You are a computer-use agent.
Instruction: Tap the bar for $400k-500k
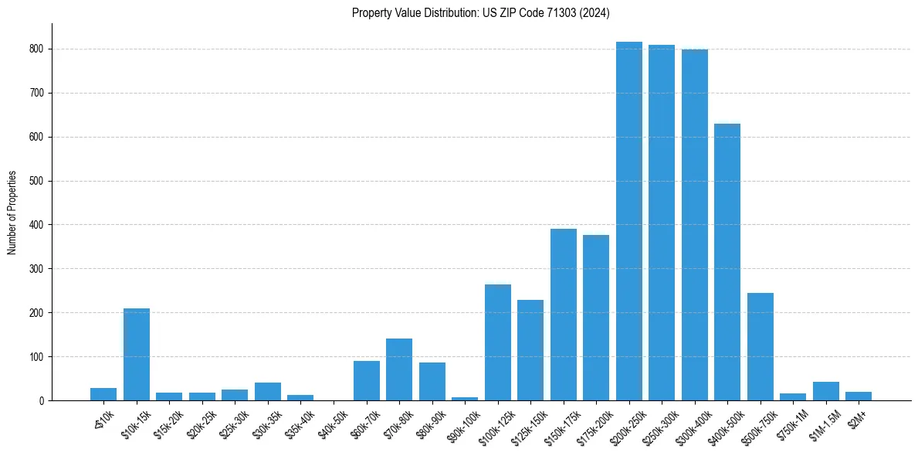727,262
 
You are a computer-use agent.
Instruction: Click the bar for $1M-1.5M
825,391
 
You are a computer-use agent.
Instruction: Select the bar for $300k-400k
694,225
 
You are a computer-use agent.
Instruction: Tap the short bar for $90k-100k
465,398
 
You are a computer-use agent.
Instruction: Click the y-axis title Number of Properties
12,213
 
